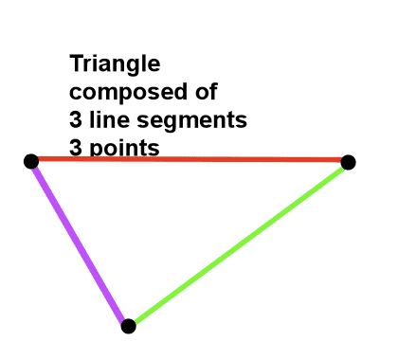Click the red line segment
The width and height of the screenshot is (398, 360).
pos(190,159)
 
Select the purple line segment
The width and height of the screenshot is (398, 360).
pos(80,243)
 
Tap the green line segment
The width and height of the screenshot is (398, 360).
pos(239,244)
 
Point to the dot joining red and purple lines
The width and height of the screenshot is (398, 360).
pos(30,161)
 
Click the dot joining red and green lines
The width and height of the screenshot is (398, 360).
pos(348,162)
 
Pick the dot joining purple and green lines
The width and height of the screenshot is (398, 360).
pos(128,326)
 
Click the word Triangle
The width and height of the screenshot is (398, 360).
pos(115,64)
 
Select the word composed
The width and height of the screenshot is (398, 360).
pos(123,93)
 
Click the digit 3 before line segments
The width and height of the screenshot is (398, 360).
pos(77,120)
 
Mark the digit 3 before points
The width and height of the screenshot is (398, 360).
pos(77,149)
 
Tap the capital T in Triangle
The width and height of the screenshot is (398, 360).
pos(77,64)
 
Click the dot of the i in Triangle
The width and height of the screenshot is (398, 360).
pos(99,57)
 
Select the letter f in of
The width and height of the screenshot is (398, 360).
pos(214,91)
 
